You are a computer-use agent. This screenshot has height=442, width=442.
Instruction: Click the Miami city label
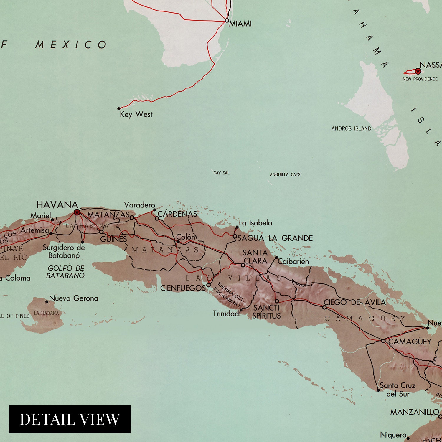point(240,24)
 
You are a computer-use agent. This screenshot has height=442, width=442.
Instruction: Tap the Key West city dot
point(119,109)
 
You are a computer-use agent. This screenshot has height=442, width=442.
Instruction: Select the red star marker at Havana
point(77,212)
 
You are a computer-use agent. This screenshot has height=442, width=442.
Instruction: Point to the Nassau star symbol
point(418,71)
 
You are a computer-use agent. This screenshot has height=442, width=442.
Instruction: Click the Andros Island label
point(351,128)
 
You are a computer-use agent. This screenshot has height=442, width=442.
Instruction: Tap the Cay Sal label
point(221,173)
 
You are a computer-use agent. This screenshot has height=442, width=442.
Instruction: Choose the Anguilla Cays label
point(285,174)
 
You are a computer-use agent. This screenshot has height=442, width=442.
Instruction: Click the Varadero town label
point(139,205)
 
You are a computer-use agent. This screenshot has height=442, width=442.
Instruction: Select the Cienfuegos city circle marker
point(208,285)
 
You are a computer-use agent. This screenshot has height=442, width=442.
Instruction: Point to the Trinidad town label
point(226,314)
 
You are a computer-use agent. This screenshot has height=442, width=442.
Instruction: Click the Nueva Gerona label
point(73,298)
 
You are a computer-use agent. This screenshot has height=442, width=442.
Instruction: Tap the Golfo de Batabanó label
point(65,272)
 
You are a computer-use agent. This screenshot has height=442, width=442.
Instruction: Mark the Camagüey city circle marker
point(383,341)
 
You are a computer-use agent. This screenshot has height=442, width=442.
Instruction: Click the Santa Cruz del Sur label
point(398,390)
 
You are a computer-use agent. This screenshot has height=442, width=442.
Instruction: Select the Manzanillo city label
point(415,412)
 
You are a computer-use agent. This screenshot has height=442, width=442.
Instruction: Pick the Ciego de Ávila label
point(354,302)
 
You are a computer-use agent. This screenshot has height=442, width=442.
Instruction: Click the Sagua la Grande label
point(275,238)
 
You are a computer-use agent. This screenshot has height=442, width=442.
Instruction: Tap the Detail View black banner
point(70,419)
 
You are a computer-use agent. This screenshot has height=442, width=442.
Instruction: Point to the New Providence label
point(420,79)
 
